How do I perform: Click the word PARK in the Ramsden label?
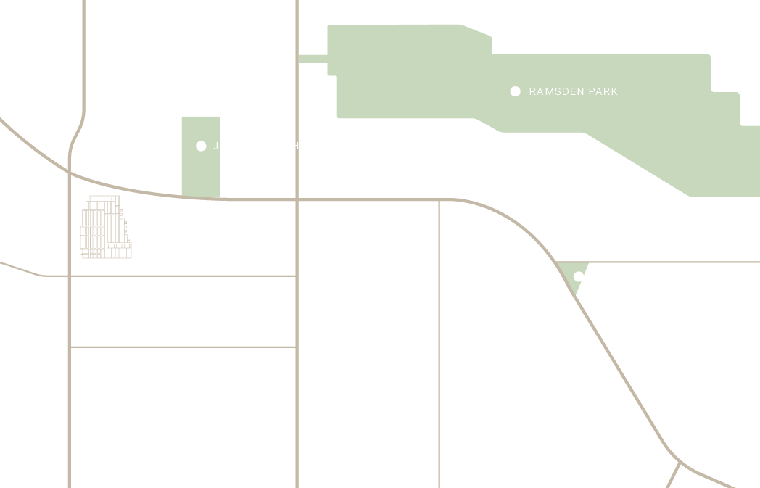tap(603, 92)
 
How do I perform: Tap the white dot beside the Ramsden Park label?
tap(515, 91)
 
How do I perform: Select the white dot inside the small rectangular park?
tap(201, 146)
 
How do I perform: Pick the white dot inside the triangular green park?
tap(578, 276)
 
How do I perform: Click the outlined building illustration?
tap(106, 228)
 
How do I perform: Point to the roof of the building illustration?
tap(104, 197)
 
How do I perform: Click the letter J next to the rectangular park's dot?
tap(215, 146)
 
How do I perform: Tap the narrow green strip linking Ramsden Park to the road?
tap(313, 59)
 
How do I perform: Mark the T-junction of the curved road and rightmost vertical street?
tap(439, 199)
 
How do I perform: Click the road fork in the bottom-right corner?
tap(680, 461)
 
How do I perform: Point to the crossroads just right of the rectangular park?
tap(297, 199)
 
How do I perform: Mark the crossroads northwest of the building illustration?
tap(70, 172)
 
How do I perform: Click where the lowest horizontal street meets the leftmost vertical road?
tap(70, 347)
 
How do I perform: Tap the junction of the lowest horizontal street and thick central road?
tap(297, 347)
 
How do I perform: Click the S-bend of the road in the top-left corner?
tap(77, 134)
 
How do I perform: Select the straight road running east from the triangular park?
tap(674, 262)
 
